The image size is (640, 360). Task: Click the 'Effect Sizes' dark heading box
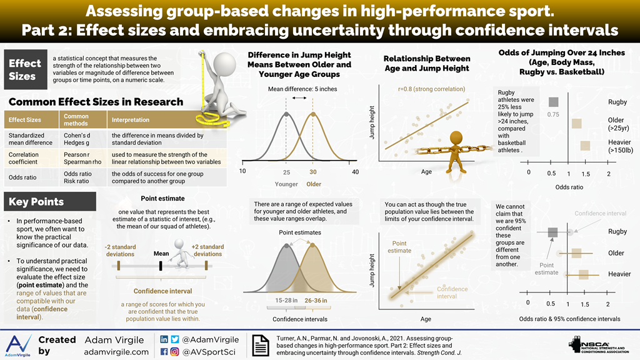pyautogui.click(x=24, y=69)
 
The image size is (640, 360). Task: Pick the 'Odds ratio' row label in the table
pyautogui.click(x=24, y=177)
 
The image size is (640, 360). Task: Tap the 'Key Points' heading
pyautogui.click(x=36, y=202)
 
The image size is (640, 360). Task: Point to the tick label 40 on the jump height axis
pyautogui.click(x=355, y=171)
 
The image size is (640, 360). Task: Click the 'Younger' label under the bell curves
pyautogui.click(x=286, y=184)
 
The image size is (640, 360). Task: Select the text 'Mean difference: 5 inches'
pyautogui.click(x=302, y=89)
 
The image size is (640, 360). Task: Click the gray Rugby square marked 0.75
pyautogui.click(x=552, y=102)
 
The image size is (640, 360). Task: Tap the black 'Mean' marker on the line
pyautogui.click(x=161, y=266)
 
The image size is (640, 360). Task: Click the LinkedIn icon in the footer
pyautogui.click(x=164, y=339)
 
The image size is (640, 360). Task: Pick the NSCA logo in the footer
pyautogui.click(x=596, y=345)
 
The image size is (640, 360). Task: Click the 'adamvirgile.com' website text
pyautogui.click(x=116, y=352)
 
